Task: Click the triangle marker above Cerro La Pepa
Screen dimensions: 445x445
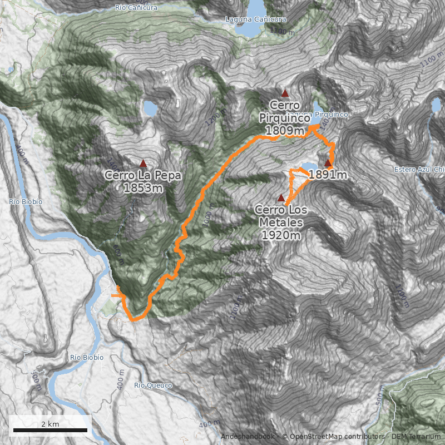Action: coord(143,164)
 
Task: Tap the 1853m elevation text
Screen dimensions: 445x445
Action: coord(143,188)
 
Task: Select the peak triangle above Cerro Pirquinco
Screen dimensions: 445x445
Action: coord(285,93)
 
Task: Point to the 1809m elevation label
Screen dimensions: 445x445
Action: coord(284,131)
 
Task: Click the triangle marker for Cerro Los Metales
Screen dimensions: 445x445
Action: coord(281,197)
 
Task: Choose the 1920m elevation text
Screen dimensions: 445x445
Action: coord(281,235)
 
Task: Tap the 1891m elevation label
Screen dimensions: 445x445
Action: coord(328,175)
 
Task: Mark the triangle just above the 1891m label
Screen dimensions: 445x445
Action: coord(328,163)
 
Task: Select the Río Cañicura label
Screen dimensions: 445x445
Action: coord(136,8)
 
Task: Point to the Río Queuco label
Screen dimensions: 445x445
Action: coord(153,385)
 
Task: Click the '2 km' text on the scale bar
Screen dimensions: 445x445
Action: coord(50,424)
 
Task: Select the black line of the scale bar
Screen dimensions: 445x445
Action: coord(50,430)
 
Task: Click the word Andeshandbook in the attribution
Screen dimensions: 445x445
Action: coord(246,437)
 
